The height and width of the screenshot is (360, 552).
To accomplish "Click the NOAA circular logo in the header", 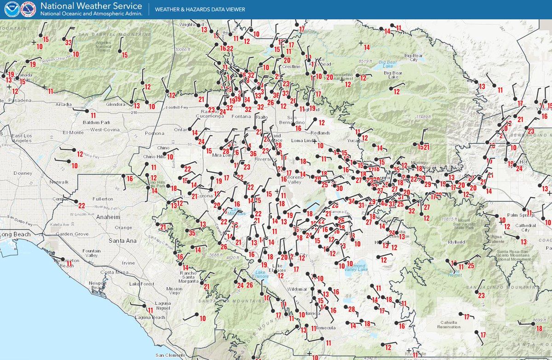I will [12, 9].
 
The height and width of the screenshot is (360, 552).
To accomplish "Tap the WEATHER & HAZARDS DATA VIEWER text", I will [200, 9].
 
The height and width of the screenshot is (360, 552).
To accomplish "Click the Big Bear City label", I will [414, 57].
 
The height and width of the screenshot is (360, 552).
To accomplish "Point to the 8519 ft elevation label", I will [363, 61].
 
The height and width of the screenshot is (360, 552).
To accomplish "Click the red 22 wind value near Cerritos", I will [81, 205].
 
